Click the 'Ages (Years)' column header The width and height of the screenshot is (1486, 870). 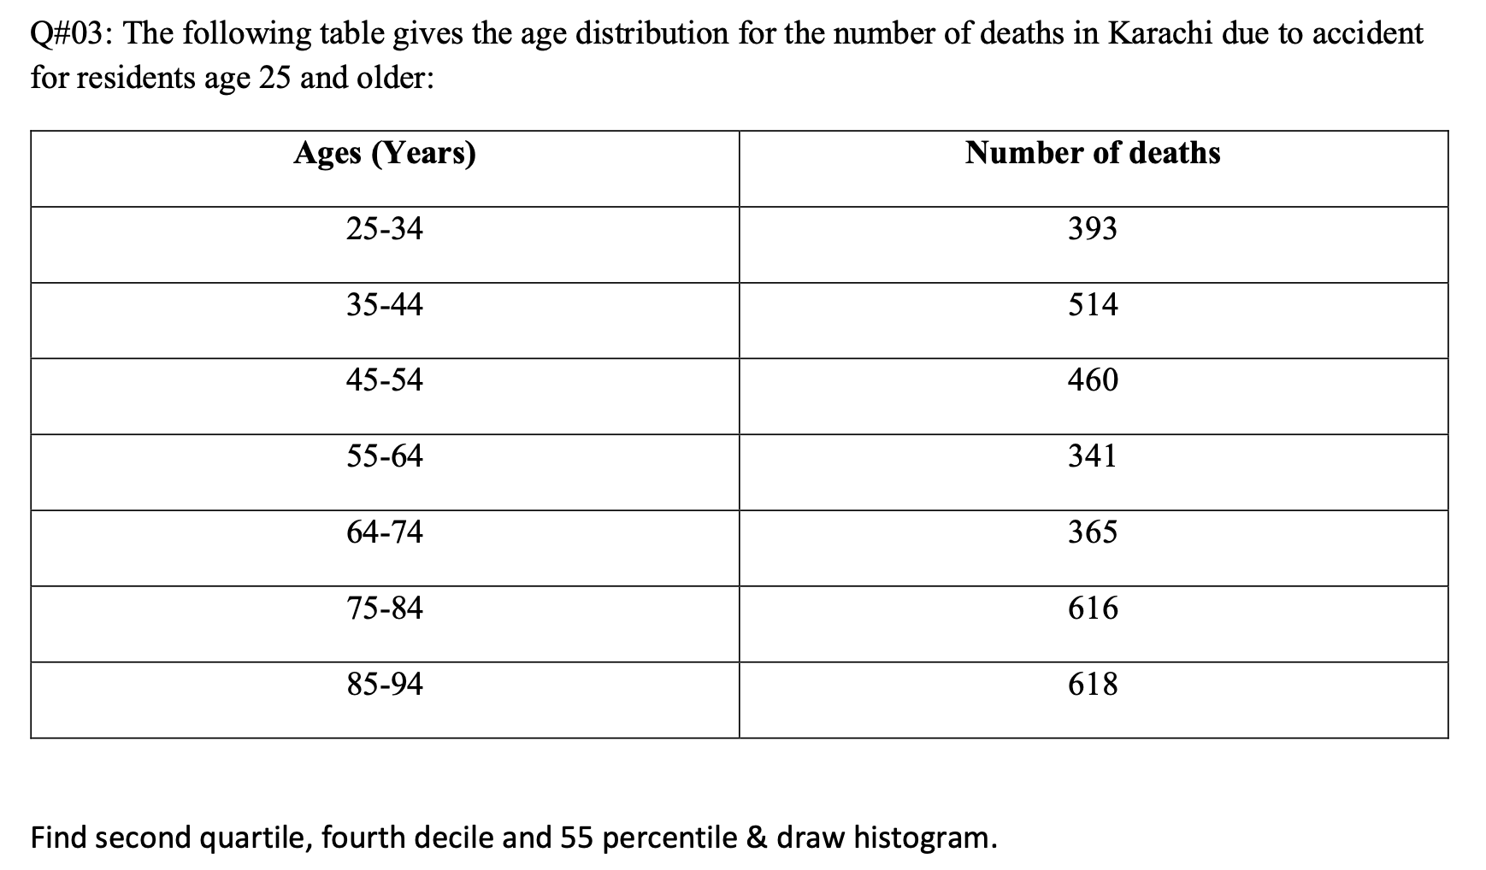click(385, 154)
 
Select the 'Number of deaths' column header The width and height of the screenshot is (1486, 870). click(1093, 153)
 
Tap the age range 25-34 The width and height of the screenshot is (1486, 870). click(385, 229)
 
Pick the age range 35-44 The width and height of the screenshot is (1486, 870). click(385, 305)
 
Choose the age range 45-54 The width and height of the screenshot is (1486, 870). click(385, 380)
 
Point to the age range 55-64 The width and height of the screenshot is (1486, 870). click(385, 456)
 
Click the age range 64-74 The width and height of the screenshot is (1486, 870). click(385, 532)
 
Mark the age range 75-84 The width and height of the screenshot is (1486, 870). click(385, 608)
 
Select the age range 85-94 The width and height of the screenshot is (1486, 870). click(385, 685)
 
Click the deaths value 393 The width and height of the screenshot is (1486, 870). click(1093, 229)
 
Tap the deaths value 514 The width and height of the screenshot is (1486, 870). click(1093, 305)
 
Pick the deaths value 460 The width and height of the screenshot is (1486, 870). click(1093, 380)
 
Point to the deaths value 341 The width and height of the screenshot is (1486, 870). click(1093, 456)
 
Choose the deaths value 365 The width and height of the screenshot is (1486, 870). click(1093, 532)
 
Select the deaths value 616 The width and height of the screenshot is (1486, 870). click(1093, 608)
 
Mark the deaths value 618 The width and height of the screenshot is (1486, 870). click(1093, 685)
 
